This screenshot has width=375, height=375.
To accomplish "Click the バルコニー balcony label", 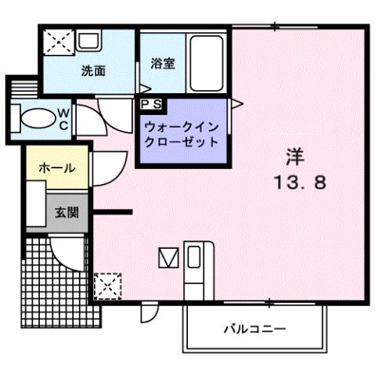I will pyautogui.click(x=254, y=327).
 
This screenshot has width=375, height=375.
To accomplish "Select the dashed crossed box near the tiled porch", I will pyautogui.click(x=106, y=284).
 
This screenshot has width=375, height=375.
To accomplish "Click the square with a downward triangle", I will pyautogui.click(x=168, y=257).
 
